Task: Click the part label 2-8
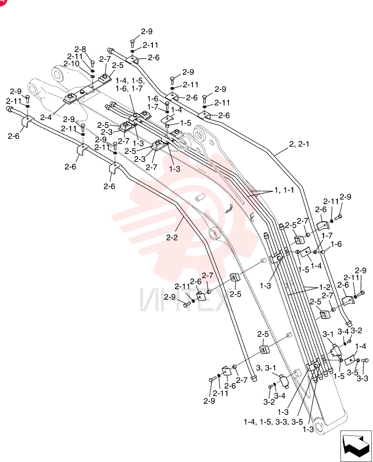pyautogui.click(x=80, y=49)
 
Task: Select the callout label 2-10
pyautogui.click(x=71, y=64)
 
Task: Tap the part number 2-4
pyautogui.click(x=46, y=117)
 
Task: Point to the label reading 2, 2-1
pyautogui.click(x=299, y=144)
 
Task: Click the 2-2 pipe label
pyautogui.click(x=172, y=237)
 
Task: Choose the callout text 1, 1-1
pyautogui.click(x=284, y=190)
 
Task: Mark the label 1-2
pyautogui.click(x=325, y=287)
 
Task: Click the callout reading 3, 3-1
pyautogui.click(x=266, y=368)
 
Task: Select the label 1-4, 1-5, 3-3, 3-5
pyautogui.click(x=273, y=422)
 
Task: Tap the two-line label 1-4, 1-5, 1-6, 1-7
pyautogui.click(x=129, y=84)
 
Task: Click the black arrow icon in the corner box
pyautogui.click(x=356, y=446)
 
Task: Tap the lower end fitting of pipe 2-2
pyautogui.click(x=253, y=378)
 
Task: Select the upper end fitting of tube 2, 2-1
pyautogui.click(x=111, y=49)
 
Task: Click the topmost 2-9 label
pyautogui.click(x=147, y=31)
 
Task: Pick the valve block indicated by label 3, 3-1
pyautogui.click(x=285, y=382)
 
